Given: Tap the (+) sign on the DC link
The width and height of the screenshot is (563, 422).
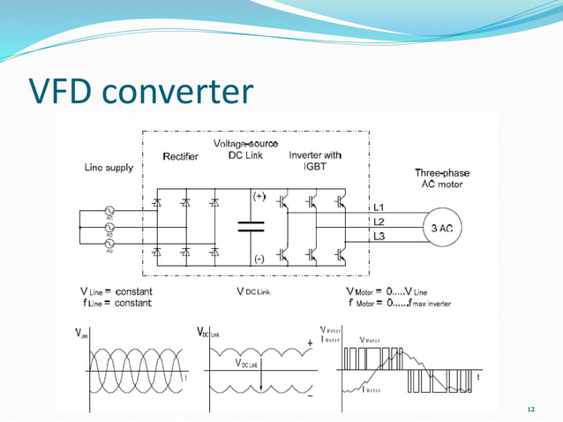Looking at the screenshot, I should pos(259,195).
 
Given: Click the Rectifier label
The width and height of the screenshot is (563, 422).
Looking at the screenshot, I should pos(181,157).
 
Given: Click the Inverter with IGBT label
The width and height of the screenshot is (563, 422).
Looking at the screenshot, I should pos(315,161).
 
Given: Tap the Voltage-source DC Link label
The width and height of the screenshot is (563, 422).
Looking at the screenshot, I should pos(246,149).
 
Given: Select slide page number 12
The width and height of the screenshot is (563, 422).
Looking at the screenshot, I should pos(530,411).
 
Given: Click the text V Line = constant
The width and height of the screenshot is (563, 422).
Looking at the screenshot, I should pos(115,291).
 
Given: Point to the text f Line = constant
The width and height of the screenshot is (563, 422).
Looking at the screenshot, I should pos(115,303).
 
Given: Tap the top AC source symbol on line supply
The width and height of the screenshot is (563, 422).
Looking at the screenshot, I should pos(111,212).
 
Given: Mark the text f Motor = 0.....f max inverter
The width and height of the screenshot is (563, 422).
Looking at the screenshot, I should pos(400,303).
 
